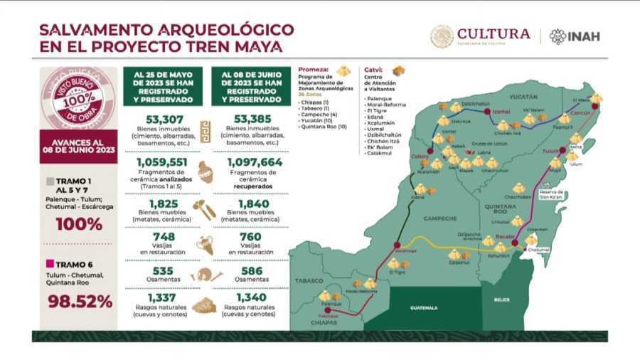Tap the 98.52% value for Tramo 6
pyautogui.click(x=80, y=301)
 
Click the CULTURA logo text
pyautogui.click(x=494, y=34)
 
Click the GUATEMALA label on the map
pyautogui.click(x=424, y=308)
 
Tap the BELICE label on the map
pyautogui.click(x=502, y=300)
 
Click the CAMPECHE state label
pyautogui.click(x=437, y=218)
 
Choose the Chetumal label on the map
pyautogui.click(x=539, y=250)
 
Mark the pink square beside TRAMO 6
pyautogui.click(x=50, y=263)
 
